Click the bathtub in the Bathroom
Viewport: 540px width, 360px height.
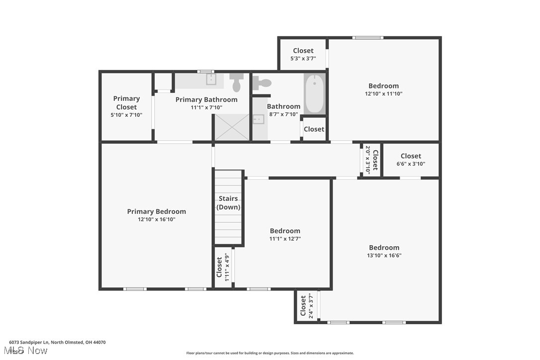tap(314, 93)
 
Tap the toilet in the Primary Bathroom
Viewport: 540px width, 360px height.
tap(236, 82)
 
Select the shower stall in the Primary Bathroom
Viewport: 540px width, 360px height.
tap(231, 127)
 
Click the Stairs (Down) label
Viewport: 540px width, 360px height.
tap(229, 202)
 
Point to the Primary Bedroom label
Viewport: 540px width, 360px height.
tap(156, 211)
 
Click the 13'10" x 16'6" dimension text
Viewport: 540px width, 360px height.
tap(384, 256)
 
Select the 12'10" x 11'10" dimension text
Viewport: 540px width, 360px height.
tap(383, 93)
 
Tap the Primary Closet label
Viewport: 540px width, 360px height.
tap(126, 102)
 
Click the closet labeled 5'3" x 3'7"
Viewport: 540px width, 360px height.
tap(303, 54)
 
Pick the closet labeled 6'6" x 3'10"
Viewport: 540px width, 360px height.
tap(411, 160)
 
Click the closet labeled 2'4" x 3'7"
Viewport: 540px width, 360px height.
tap(307, 307)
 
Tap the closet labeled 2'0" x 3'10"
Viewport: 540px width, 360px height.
tap(371, 160)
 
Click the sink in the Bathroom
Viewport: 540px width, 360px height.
tap(259, 119)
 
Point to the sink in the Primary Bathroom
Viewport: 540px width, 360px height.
tap(211, 79)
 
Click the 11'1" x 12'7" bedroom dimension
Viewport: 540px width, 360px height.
tap(285, 239)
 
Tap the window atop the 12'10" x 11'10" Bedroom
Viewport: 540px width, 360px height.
tap(368, 37)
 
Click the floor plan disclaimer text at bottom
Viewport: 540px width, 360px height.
tap(270, 353)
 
